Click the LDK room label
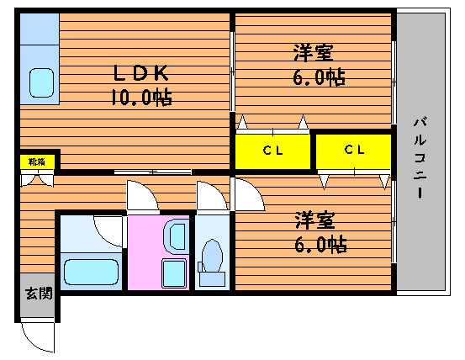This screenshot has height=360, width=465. point(141,73)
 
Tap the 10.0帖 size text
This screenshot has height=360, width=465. point(141,97)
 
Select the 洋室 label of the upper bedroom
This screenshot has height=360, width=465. point(313,53)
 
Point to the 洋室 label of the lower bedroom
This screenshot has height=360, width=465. point(314,220)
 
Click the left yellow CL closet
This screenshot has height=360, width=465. point(272,151)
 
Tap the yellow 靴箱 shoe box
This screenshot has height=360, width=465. point(37,161)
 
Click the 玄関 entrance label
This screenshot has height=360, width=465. point(39,294)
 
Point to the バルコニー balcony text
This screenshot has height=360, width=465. point(420,158)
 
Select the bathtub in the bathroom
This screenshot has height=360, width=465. point(92,272)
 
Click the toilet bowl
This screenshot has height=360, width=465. point(212,256)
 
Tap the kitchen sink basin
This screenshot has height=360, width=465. point(41,82)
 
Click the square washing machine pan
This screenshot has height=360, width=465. point(174,273)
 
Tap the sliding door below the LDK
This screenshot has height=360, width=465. point(153,172)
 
